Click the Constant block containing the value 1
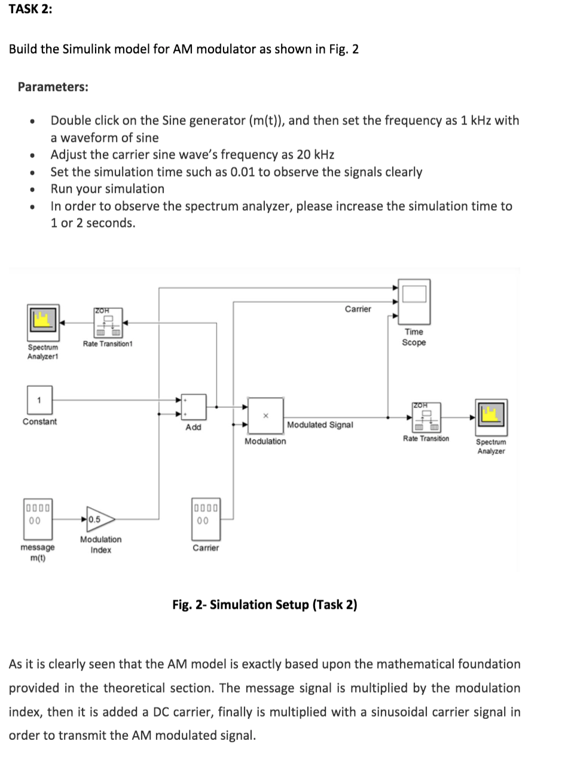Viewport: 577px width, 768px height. pos(39,400)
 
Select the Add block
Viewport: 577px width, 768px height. pos(193,407)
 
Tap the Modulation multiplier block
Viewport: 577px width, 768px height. pos(265,415)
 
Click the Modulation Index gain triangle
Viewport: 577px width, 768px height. pos(99,520)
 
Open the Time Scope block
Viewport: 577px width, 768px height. pos(414,300)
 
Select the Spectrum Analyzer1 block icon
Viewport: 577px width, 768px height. pos(42,321)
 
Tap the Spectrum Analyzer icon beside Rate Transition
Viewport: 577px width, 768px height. pos(491,417)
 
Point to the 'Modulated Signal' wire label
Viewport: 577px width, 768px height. pos(320,425)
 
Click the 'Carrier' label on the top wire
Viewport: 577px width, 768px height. pos(358,309)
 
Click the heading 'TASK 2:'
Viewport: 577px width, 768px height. pos(30,10)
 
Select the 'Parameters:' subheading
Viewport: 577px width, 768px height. pos(53,87)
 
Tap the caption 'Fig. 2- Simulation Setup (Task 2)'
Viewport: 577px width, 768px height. pos(264,605)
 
